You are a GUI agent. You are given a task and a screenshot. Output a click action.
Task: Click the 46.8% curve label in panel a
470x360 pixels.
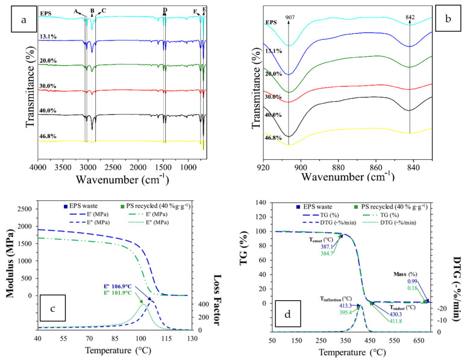48,137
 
